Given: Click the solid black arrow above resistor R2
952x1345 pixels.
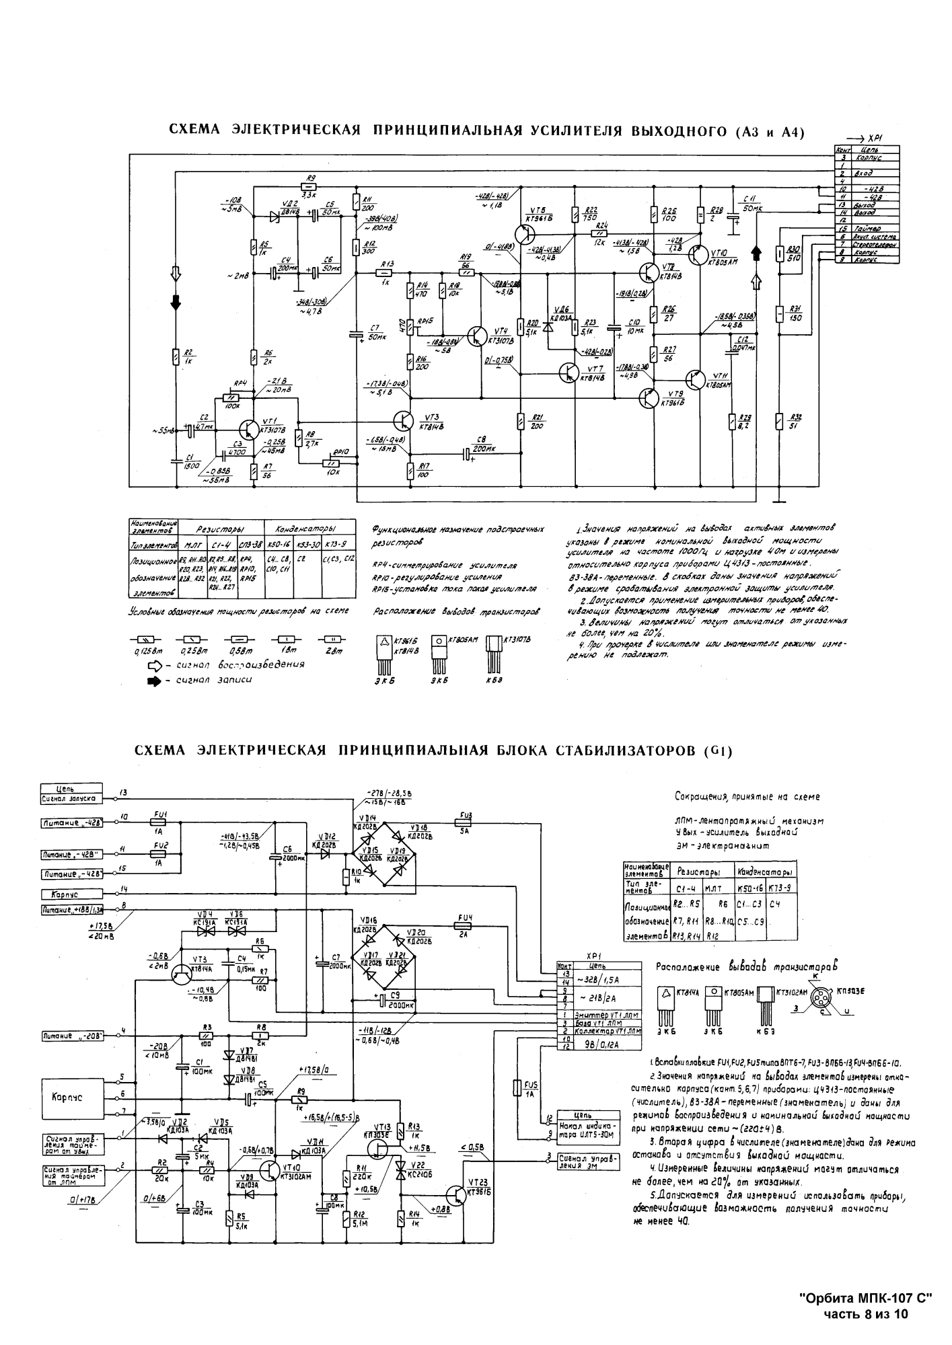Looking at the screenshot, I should pos(176,303).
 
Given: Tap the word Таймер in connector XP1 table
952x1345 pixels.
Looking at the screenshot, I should pos(867,229).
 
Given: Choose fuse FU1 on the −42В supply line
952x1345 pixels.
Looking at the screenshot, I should pos(159,821).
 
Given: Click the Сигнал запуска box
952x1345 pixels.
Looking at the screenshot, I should pos(71,798).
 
